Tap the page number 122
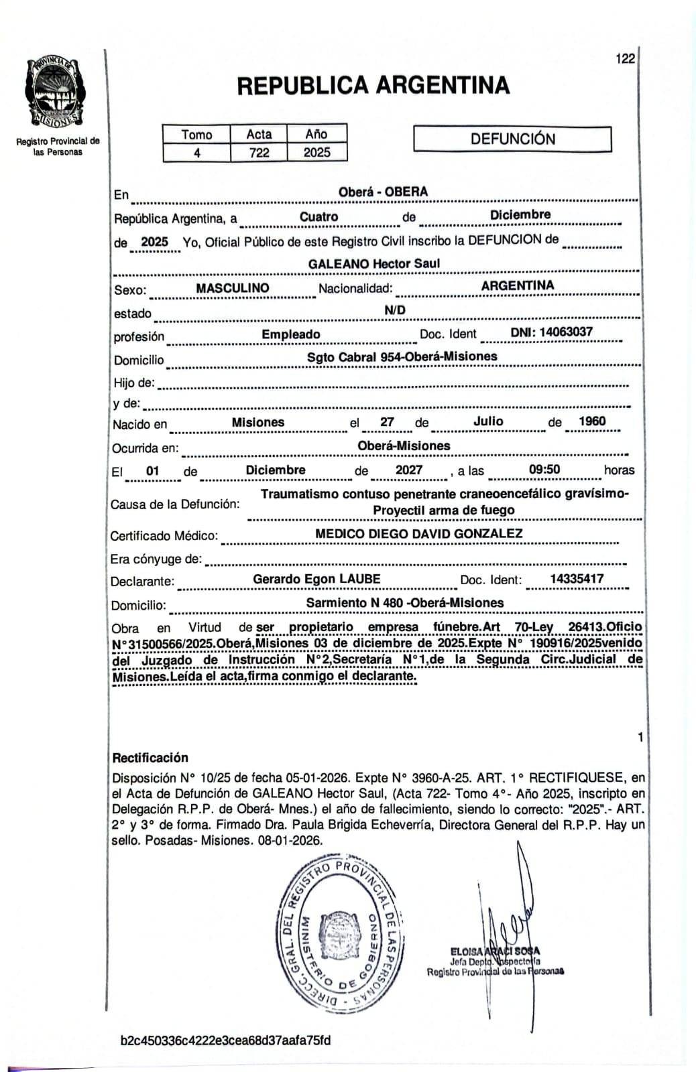624,59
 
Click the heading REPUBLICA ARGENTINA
373,85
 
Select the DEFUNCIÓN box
512,139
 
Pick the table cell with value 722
259,153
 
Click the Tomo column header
196,135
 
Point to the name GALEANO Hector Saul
374,264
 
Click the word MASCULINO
232,288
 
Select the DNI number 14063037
551,332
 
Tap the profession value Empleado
291,334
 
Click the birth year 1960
592,421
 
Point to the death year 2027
409,470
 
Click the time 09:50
544,470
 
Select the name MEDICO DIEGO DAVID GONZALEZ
419,534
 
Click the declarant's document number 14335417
577,579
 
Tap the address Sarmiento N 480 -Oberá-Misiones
404,603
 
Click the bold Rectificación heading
150,758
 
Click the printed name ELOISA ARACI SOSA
495,951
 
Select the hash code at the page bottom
225,1041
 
